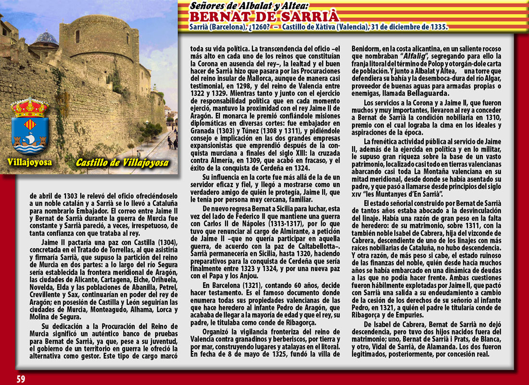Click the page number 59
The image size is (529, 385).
point(21,379)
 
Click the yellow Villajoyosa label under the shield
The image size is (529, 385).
point(29,162)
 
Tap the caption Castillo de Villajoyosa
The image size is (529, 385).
point(122,162)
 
